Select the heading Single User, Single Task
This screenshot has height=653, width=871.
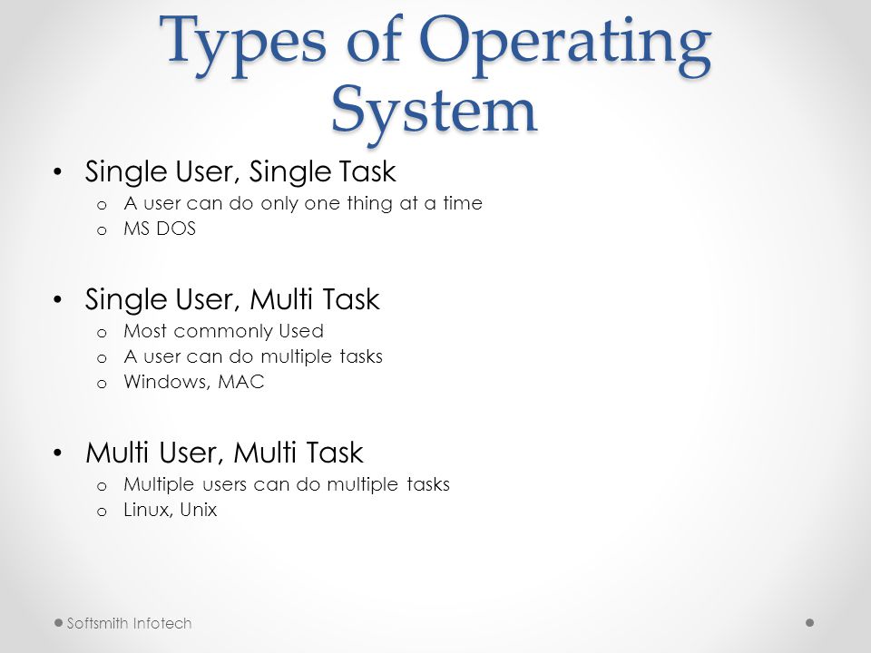point(240,171)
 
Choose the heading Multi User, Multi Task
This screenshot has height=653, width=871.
point(224,452)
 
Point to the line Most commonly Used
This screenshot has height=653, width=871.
point(210,331)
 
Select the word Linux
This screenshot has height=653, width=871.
point(141,510)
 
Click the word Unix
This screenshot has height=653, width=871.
point(198,510)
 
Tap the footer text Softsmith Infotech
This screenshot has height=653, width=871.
point(129,623)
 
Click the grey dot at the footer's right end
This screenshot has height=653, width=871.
point(809,623)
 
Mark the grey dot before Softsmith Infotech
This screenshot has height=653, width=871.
point(58,623)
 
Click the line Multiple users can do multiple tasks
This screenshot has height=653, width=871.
point(286,484)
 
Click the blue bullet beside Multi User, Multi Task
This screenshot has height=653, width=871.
point(59,452)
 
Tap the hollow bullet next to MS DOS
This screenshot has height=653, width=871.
point(102,230)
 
